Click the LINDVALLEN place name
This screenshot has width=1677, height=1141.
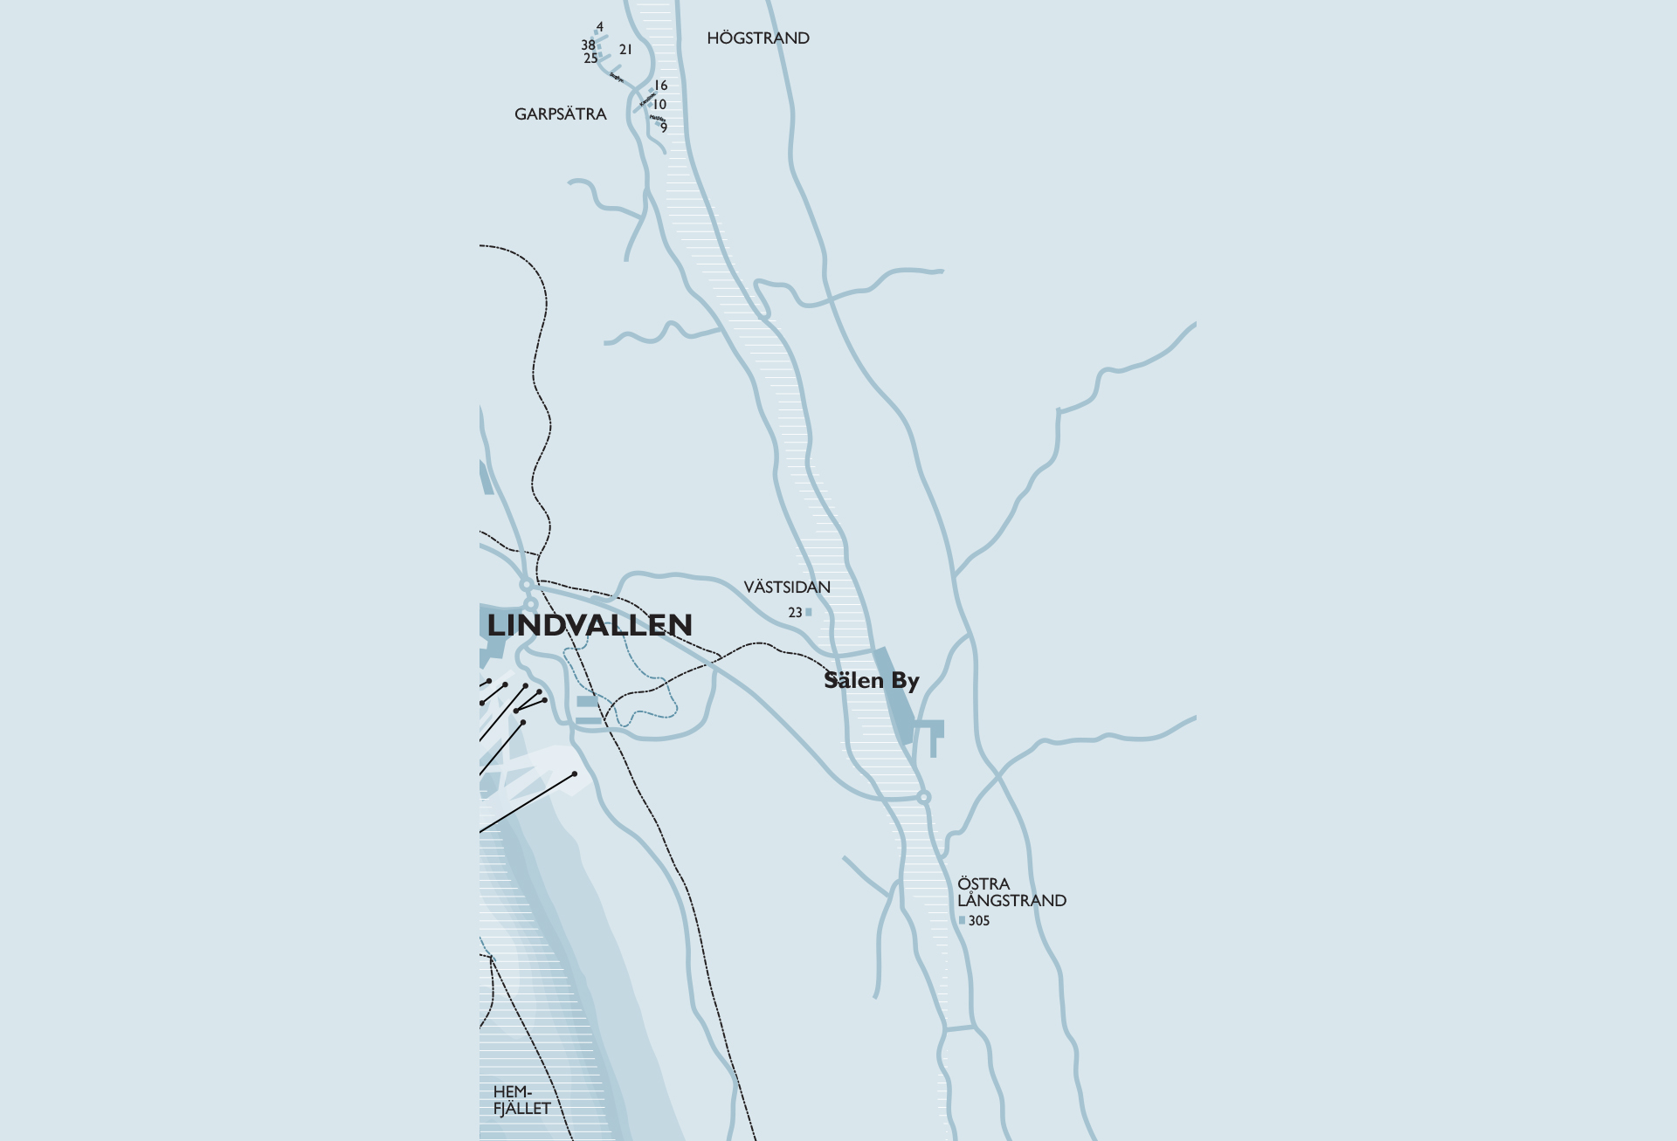click(x=590, y=625)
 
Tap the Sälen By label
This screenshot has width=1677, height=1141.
click(x=871, y=681)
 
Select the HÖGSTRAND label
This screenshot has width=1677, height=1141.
click(x=758, y=38)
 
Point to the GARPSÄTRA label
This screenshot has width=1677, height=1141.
click(x=560, y=114)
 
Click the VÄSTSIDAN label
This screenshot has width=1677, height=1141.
click(x=787, y=588)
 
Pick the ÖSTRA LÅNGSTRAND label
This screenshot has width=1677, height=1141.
click(x=1011, y=892)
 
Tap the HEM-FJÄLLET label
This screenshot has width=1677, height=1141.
click(x=521, y=1100)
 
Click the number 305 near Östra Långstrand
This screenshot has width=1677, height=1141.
click(x=979, y=921)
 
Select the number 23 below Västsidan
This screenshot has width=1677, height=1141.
click(x=795, y=613)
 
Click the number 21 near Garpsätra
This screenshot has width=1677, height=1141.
click(x=625, y=50)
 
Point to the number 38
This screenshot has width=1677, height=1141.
click(x=588, y=45)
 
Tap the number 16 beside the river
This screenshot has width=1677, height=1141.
click(x=660, y=86)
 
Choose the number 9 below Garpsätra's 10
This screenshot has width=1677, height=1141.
click(x=664, y=128)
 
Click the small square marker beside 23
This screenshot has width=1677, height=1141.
click(x=809, y=612)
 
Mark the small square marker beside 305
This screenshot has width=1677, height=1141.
click(x=962, y=920)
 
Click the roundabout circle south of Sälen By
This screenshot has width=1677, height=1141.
click(x=924, y=797)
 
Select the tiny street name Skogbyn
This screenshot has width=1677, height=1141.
click(x=617, y=77)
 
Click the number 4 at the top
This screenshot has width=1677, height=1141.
click(x=600, y=27)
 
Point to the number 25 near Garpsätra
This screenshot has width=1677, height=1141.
click(x=590, y=58)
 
